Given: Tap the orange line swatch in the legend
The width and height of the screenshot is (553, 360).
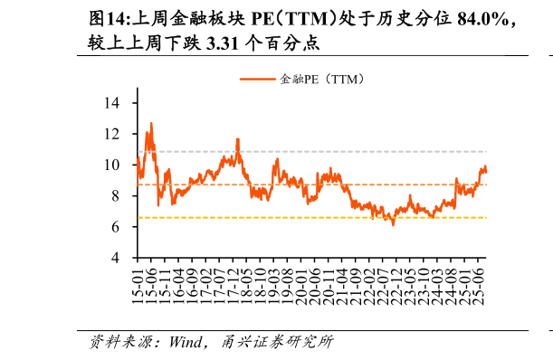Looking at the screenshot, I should pyautogui.click(x=258, y=80).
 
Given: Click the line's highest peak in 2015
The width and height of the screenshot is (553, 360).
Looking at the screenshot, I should pyautogui.click(x=151, y=123).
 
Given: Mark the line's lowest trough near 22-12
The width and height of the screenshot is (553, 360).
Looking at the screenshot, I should pyautogui.click(x=393, y=224).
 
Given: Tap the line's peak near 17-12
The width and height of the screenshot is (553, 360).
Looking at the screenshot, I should pyautogui.click(x=237, y=139).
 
